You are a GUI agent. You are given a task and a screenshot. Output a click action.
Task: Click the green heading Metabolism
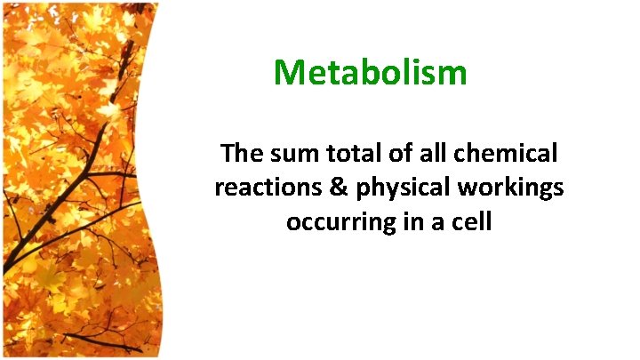[x=370, y=72]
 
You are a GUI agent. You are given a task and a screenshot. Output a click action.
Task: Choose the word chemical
[x=506, y=154]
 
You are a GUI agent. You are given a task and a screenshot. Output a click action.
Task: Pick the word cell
[x=471, y=222]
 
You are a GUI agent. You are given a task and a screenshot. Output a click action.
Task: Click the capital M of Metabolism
[x=290, y=72]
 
